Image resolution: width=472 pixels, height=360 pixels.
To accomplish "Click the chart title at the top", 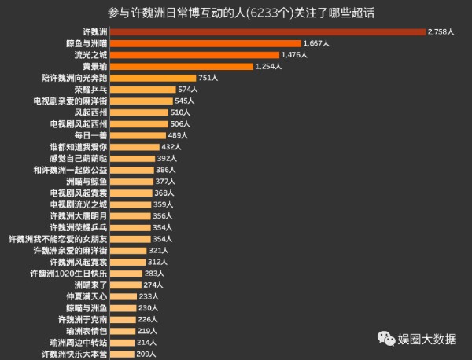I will click(x=236, y=13).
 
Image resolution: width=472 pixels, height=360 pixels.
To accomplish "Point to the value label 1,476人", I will click(x=297, y=55).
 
